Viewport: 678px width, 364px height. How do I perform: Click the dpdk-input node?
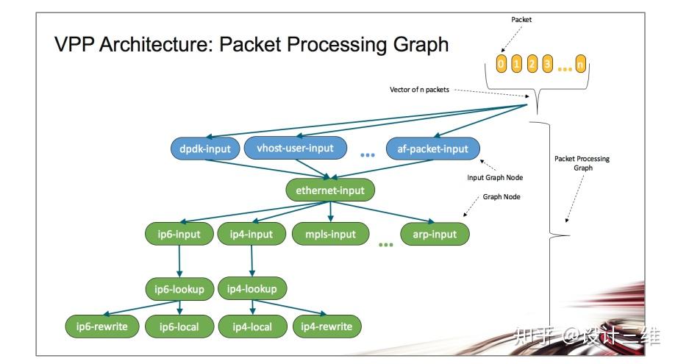click(205, 149)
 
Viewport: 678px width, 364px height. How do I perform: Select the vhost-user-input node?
click(296, 148)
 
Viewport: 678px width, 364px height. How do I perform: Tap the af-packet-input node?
click(433, 149)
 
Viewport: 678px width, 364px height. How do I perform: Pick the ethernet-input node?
click(330, 190)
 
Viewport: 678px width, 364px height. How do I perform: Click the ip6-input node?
click(179, 235)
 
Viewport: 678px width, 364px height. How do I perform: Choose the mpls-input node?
click(330, 235)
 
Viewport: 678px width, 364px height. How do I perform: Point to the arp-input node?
click(435, 235)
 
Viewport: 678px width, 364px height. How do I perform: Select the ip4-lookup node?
click(252, 289)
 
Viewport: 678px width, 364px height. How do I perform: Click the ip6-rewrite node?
click(102, 326)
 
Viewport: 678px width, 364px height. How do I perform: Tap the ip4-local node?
click(252, 326)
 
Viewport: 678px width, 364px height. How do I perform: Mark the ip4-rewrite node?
click(326, 326)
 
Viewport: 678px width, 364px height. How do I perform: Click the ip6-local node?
click(179, 326)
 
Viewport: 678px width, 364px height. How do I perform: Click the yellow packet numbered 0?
click(502, 65)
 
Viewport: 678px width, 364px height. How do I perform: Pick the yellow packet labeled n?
click(580, 65)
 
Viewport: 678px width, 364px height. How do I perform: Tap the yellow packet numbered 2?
click(532, 65)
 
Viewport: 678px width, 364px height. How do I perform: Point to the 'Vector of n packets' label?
click(419, 90)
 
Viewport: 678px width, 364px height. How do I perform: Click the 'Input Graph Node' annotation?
click(495, 177)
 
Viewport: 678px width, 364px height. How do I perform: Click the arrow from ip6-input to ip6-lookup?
click(179, 261)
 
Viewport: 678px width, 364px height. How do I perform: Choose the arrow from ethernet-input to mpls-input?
click(330, 212)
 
